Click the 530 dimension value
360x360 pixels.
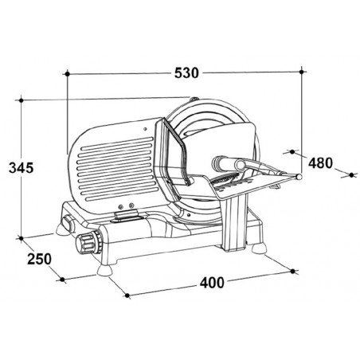(x=186, y=72)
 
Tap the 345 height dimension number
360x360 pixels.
(x=21, y=167)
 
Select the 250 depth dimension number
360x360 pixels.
(x=39, y=259)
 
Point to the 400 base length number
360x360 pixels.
(x=212, y=283)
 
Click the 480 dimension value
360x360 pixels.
(x=320, y=162)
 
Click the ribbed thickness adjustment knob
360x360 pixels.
(x=89, y=242)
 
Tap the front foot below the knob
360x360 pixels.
(x=104, y=271)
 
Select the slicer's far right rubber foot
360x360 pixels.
(x=259, y=248)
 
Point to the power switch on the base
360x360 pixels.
(x=67, y=222)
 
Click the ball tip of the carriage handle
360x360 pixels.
(x=299, y=176)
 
